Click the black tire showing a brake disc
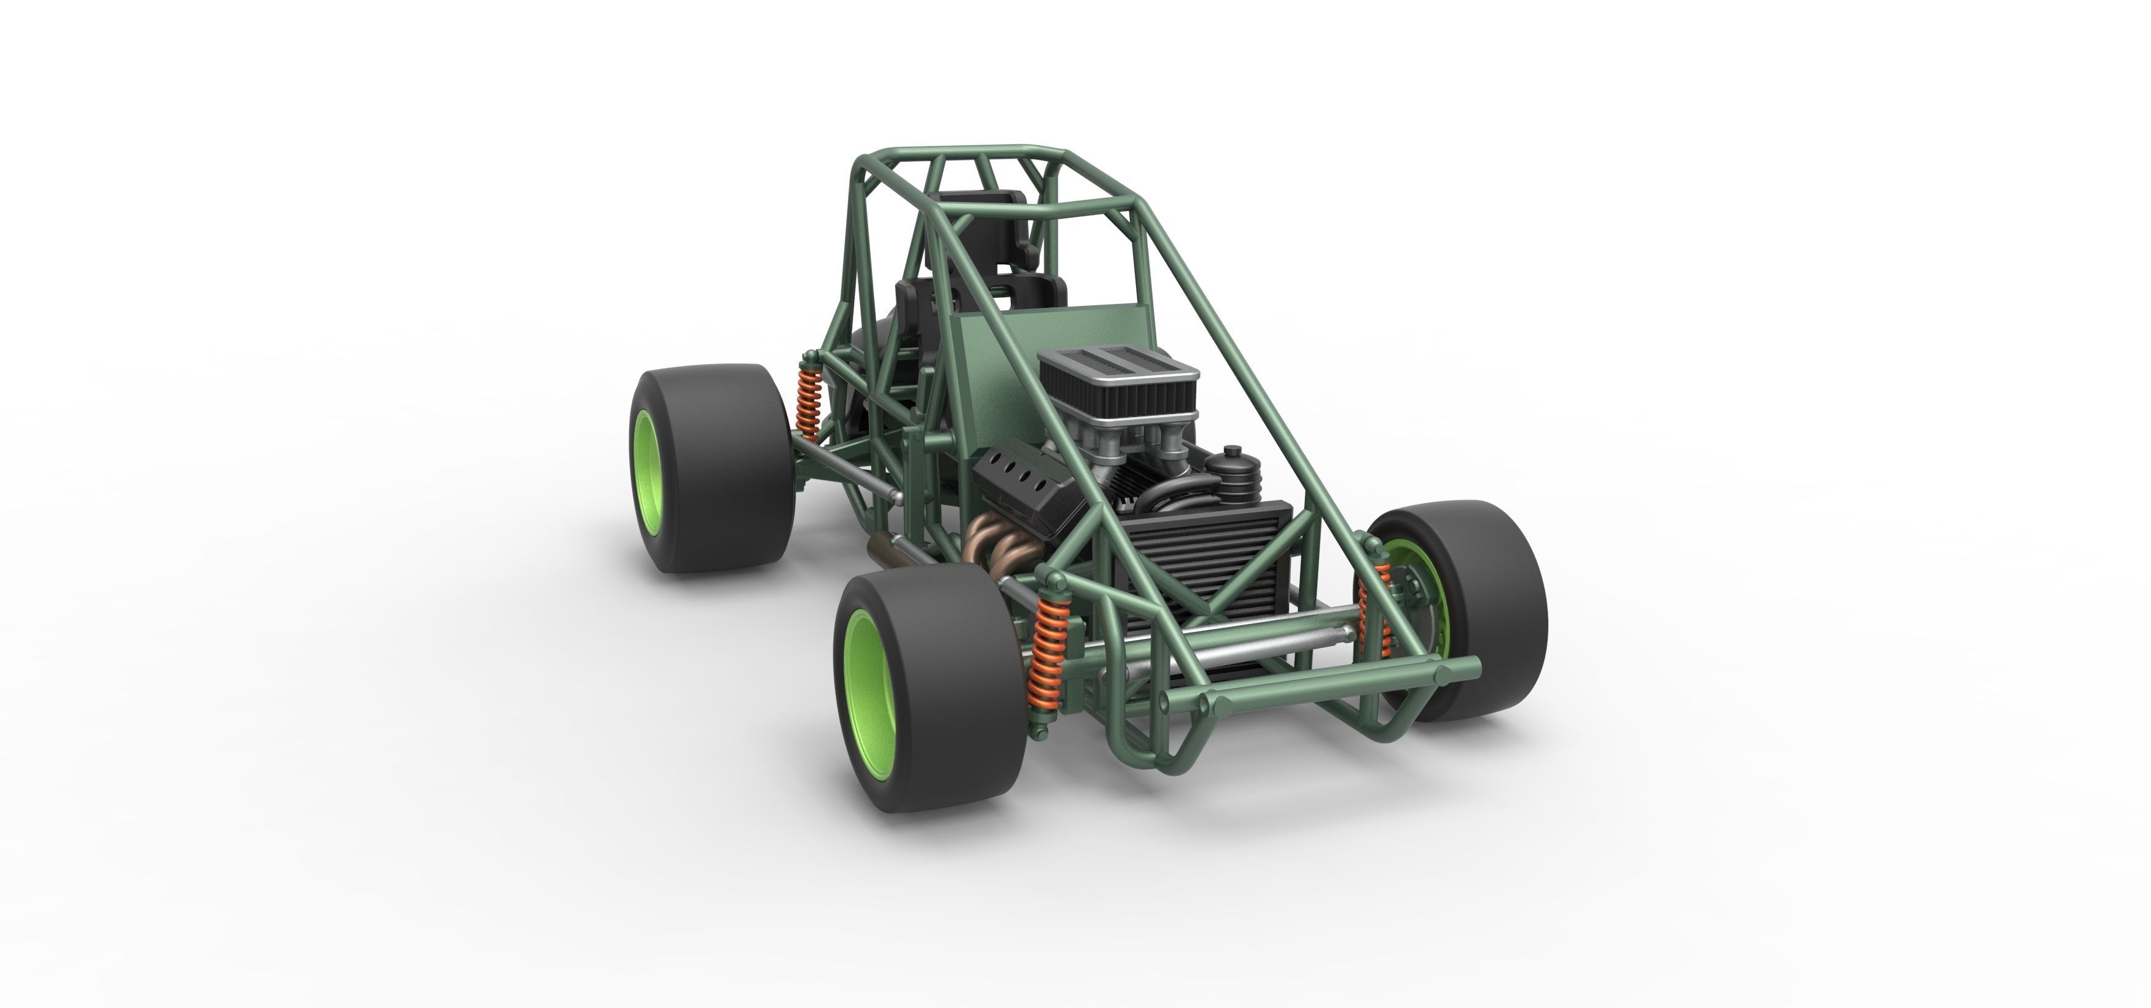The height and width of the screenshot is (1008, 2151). coord(1495,601)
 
